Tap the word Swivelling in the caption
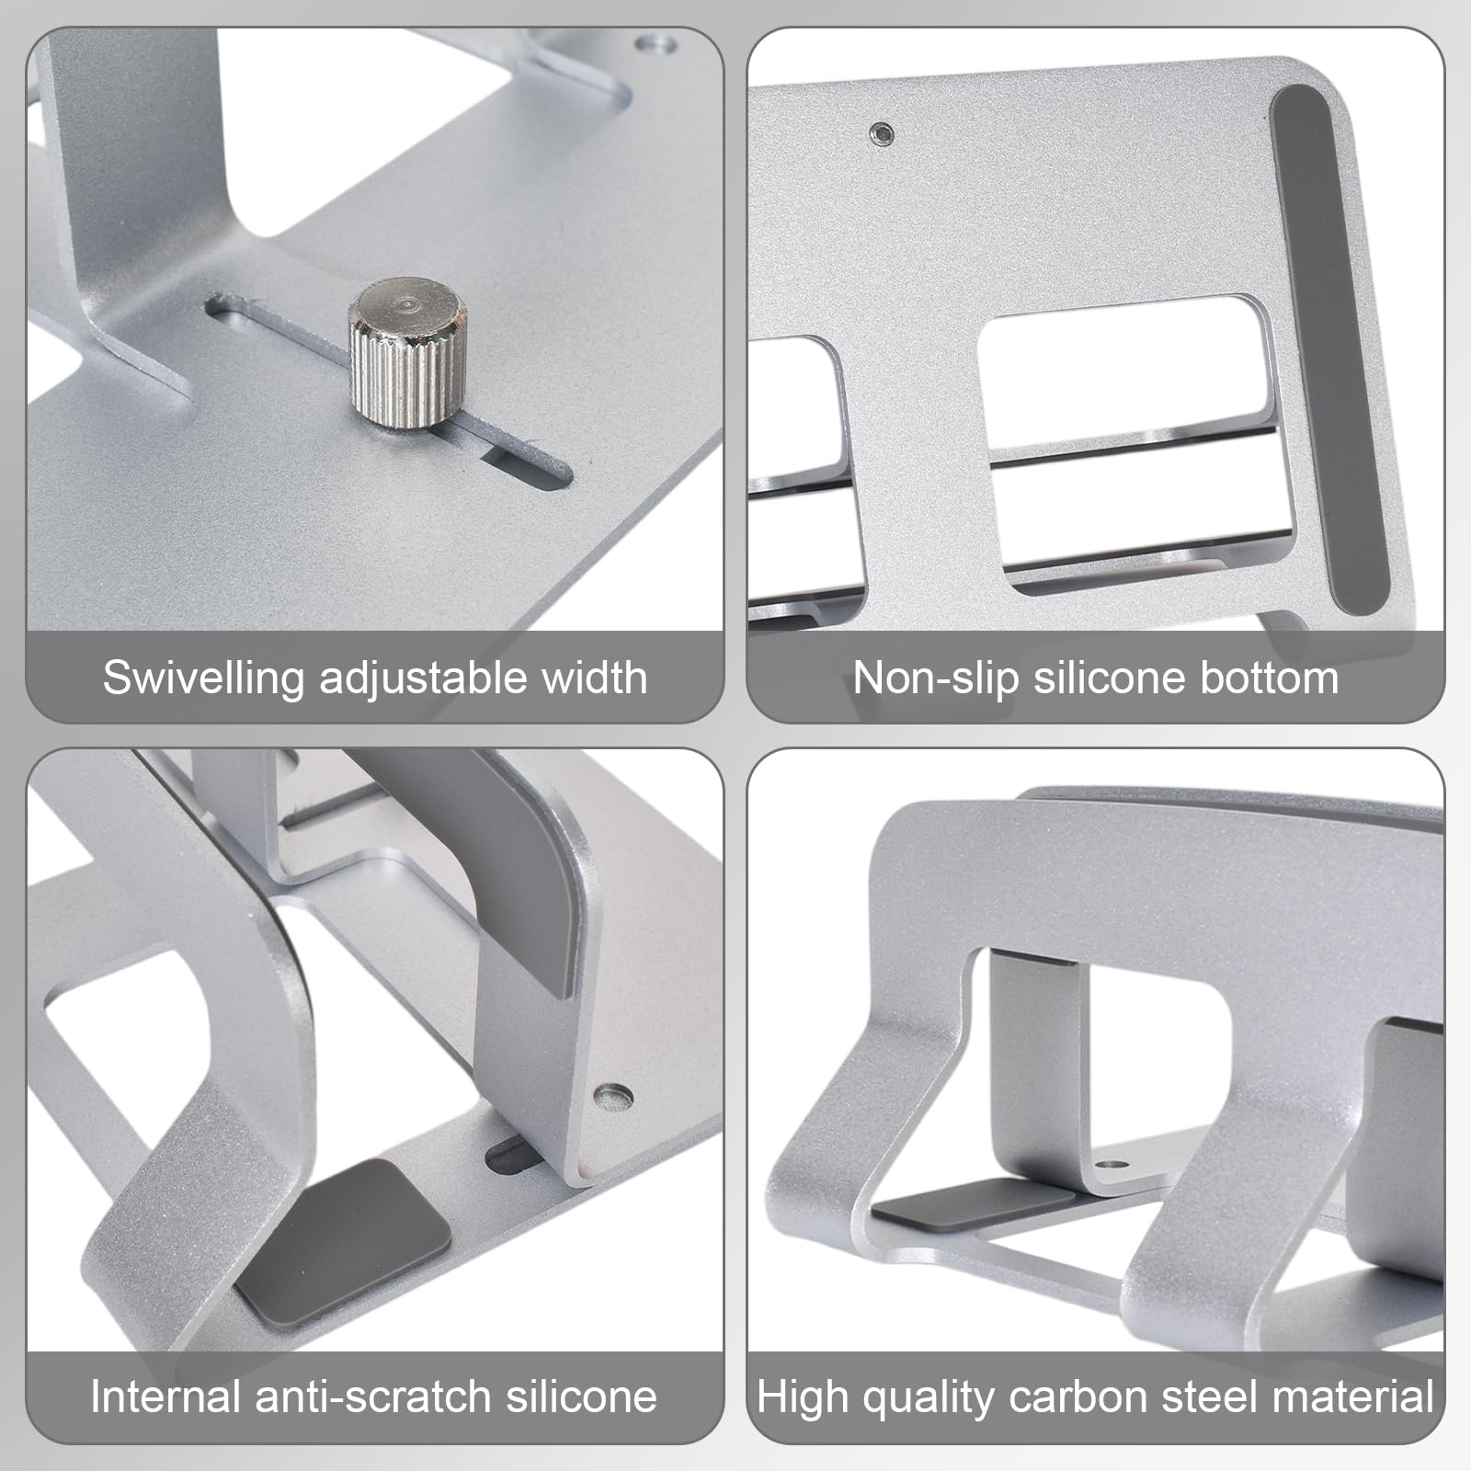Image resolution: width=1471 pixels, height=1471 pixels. click(203, 678)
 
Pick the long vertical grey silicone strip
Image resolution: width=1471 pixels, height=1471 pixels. click(1329, 349)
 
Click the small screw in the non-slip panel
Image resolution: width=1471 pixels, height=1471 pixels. click(881, 133)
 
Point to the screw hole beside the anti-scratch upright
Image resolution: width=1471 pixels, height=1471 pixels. click(613, 1095)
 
